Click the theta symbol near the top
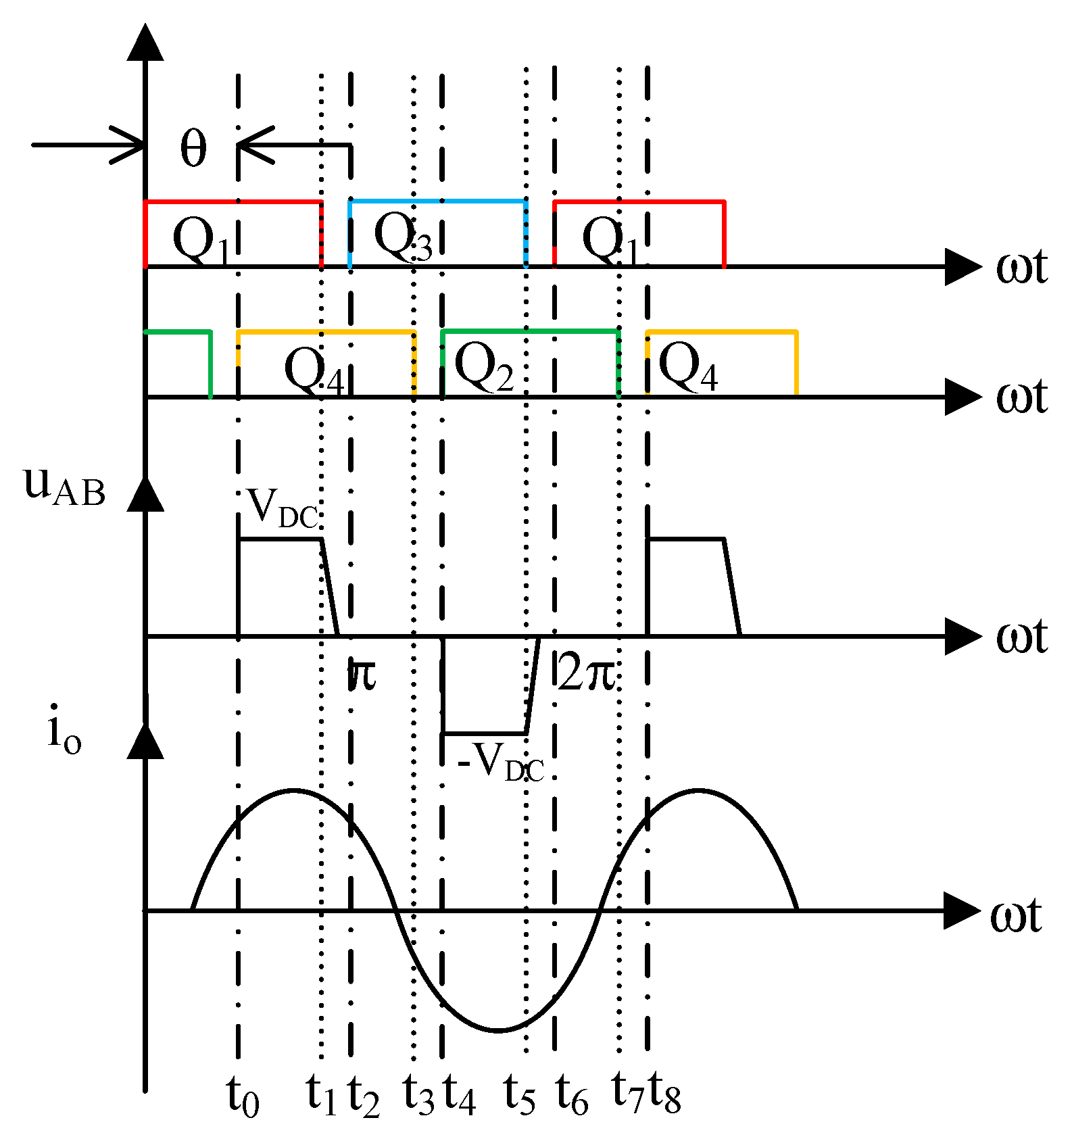(x=193, y=149)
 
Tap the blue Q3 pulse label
(x=403, y=236)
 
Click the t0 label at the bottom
(x=243, y=1095)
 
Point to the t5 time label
(x=519, y=1095)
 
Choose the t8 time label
(x=664, y=1094)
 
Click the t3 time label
(x=418, y=1095)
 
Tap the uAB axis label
(x=64, y=487)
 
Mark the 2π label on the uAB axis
(x=586, y=673)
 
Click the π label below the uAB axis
(x=363, y=674)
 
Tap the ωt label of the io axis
(x=1015, y=917)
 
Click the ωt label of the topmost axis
(x=1021, y=267)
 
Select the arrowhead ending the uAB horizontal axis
(x=963, y=636)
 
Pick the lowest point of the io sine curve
(x=497, y=1031)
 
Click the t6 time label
(x=572, y=1095)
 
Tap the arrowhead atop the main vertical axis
(x=145, y=42)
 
